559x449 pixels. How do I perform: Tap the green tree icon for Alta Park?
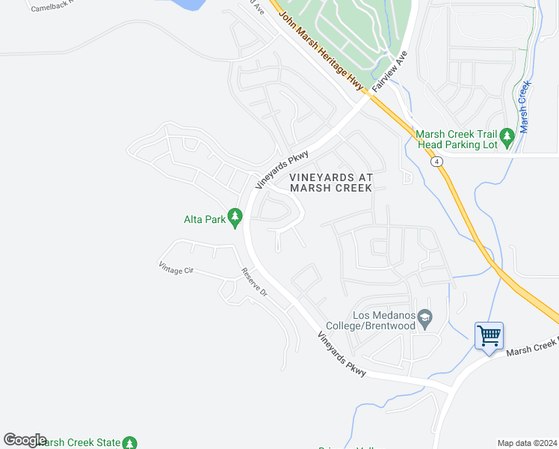tap(235, 218)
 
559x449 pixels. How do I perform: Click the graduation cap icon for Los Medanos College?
tap(425, 320)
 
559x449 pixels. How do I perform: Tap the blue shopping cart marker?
tap(489, 336)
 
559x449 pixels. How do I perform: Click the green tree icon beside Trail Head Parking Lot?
tap(507, 136)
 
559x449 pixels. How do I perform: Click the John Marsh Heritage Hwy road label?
tap(320, 45)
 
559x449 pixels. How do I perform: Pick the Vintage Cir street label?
tap(176, 268)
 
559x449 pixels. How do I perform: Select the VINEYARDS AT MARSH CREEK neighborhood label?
tap(330, 182)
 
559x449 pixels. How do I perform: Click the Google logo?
tap(25, 440)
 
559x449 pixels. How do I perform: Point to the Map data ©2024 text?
tap(527, 443)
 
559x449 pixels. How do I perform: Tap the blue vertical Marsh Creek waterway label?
tap(525, 107)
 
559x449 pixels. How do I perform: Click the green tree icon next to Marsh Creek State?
tap(130, 443)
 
